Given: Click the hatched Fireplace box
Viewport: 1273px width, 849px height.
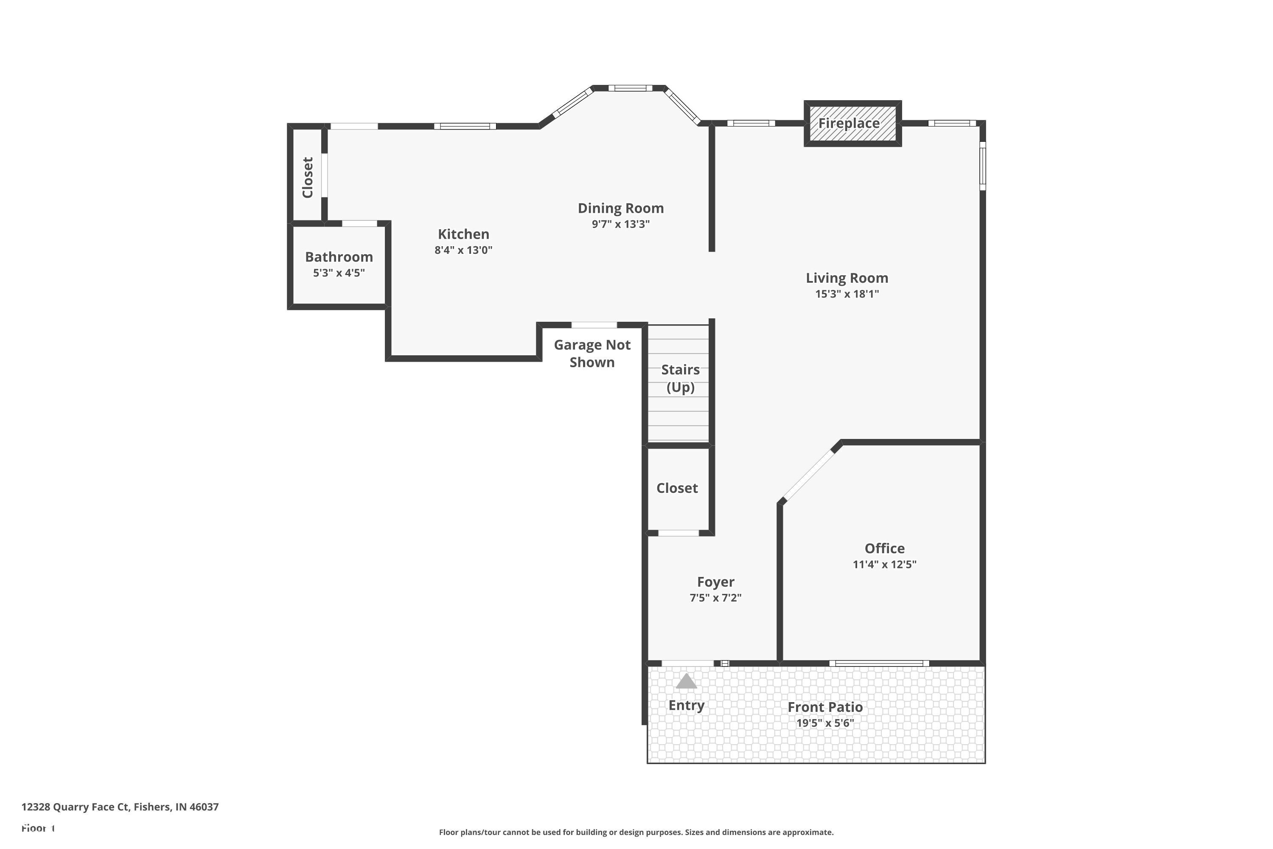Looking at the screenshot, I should pos(852,124).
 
